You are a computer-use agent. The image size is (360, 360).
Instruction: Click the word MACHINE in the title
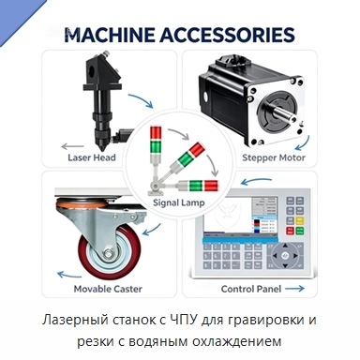coord(110,35)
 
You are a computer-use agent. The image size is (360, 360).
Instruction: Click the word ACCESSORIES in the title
coord(228,35)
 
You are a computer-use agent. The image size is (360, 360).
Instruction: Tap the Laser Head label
coord(92,157)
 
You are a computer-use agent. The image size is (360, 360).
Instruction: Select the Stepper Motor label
coord(274,157)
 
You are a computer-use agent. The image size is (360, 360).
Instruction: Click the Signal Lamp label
coord(179,202)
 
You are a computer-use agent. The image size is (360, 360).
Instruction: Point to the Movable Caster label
coord(108,289)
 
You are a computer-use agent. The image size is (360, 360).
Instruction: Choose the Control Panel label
coord(251,289)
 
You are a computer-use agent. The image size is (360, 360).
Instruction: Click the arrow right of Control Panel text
coord(294,289)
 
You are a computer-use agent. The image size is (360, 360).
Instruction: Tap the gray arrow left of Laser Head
coord(72,146)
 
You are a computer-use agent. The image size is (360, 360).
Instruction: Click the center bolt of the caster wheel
coord(110,253)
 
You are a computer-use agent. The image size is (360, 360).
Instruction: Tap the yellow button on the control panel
coord(300,220)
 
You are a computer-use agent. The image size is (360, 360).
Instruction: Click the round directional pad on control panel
coord(285,256)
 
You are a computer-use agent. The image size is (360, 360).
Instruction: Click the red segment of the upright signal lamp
coord(155,133)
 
